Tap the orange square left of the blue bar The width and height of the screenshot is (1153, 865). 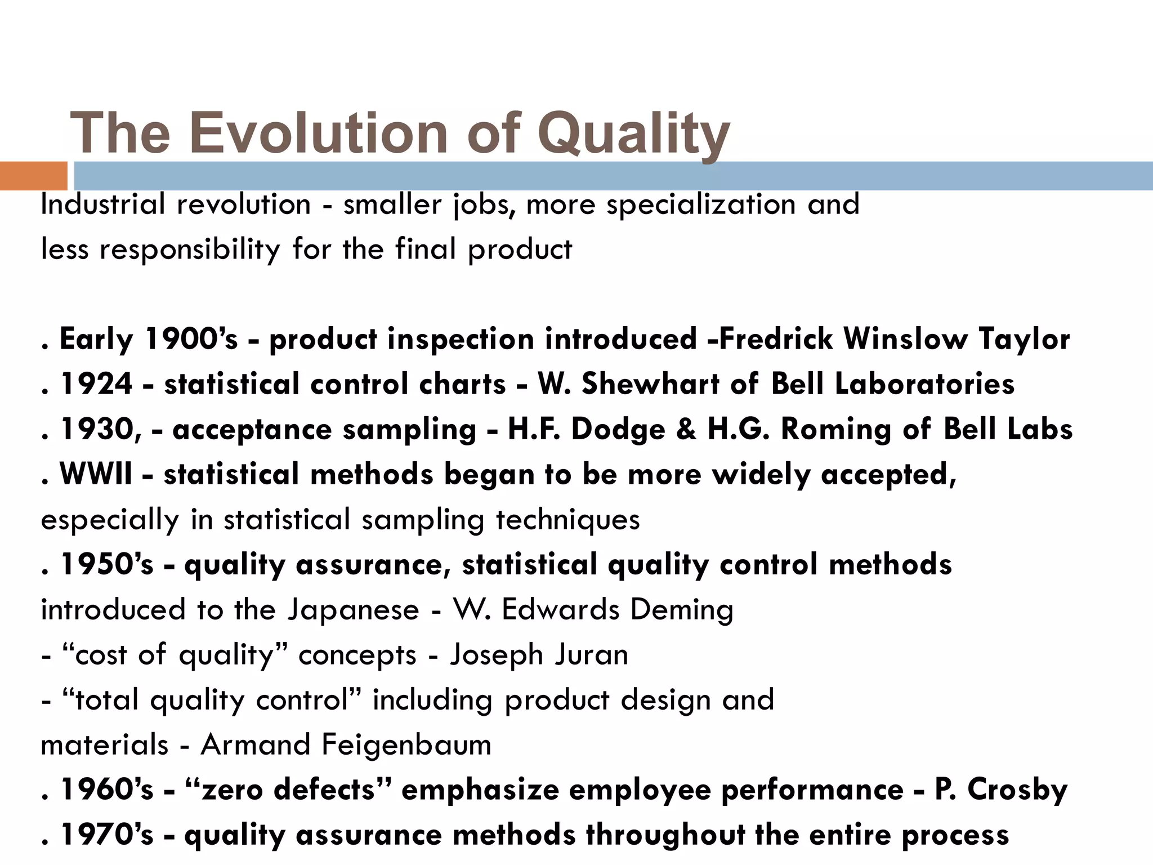coord(33,176)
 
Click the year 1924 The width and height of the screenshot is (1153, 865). coord(96,385)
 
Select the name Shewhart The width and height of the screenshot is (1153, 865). coord(650,385)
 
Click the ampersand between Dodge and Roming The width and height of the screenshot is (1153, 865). coord(686,430)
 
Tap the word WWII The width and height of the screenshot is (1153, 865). coord(96,475)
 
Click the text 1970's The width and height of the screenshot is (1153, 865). coord(106,835)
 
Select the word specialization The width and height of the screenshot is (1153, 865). coord(701,204)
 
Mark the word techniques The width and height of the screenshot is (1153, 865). coord(567,520)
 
